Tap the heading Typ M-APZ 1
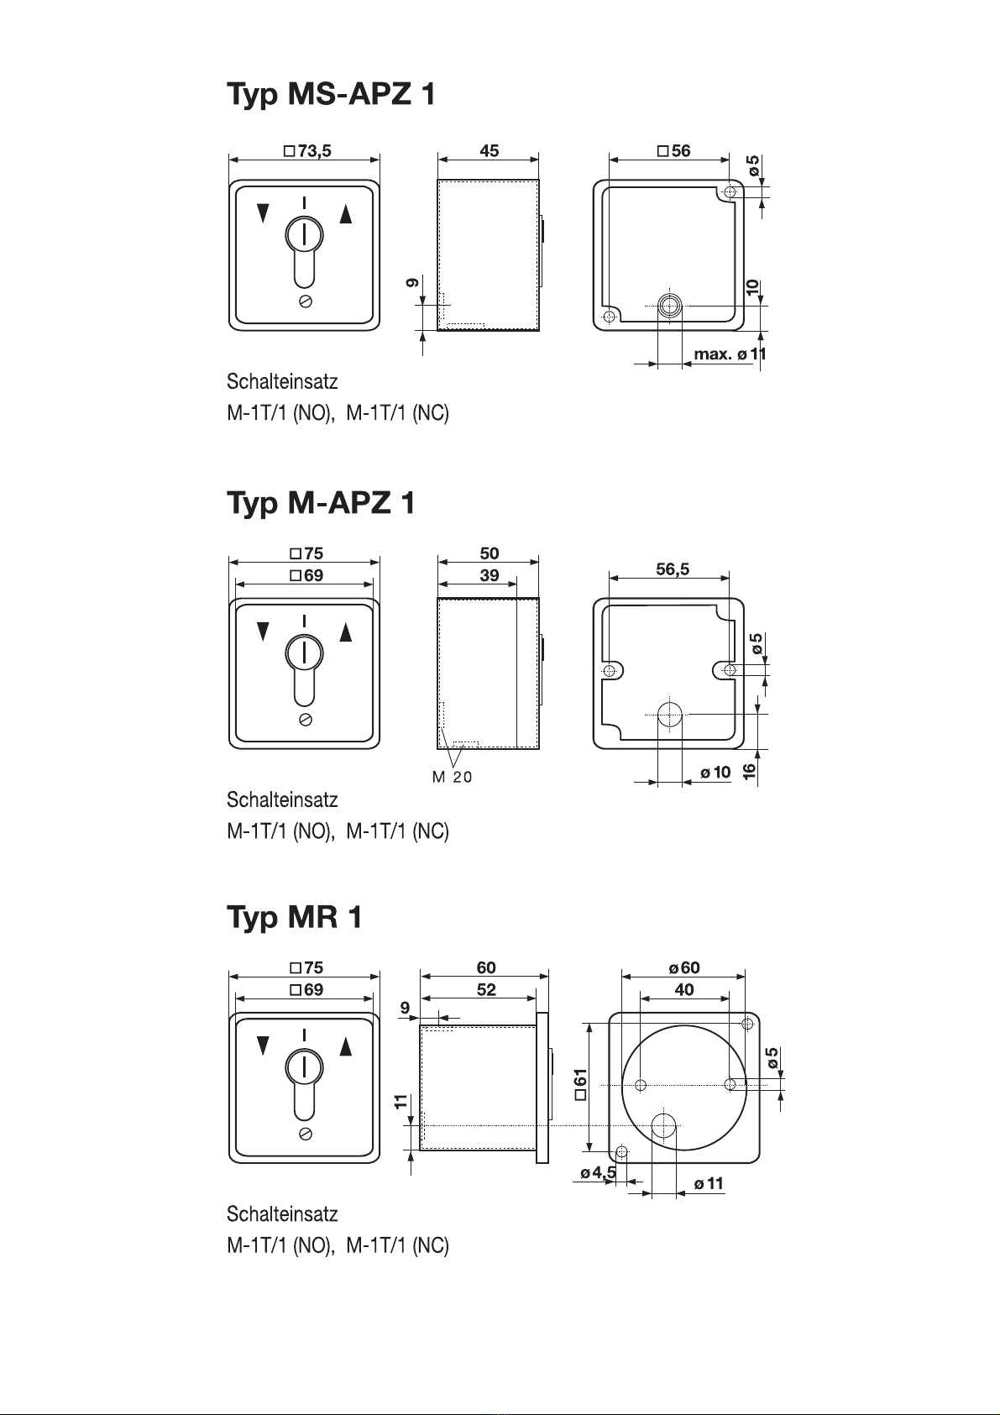[321, 504]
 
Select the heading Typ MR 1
[295, 918]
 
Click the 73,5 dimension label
[307, 151]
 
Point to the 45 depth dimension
[489, 151]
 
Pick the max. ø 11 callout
[730, 354]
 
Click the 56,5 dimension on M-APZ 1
[673, 569]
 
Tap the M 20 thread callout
[453, 777]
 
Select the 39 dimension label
[489, 575]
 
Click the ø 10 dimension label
[715, 772]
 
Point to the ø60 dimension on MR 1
[684, 967]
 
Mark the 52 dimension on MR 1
[486, 990]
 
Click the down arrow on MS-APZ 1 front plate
[264, 213]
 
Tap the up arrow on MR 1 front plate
[346, 1046]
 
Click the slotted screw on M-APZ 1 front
[305, 720]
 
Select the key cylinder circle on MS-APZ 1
[305, 235]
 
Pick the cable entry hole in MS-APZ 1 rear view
[670, 307]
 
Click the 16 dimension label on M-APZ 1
[749, 771]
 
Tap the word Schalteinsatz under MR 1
[282, 1214]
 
